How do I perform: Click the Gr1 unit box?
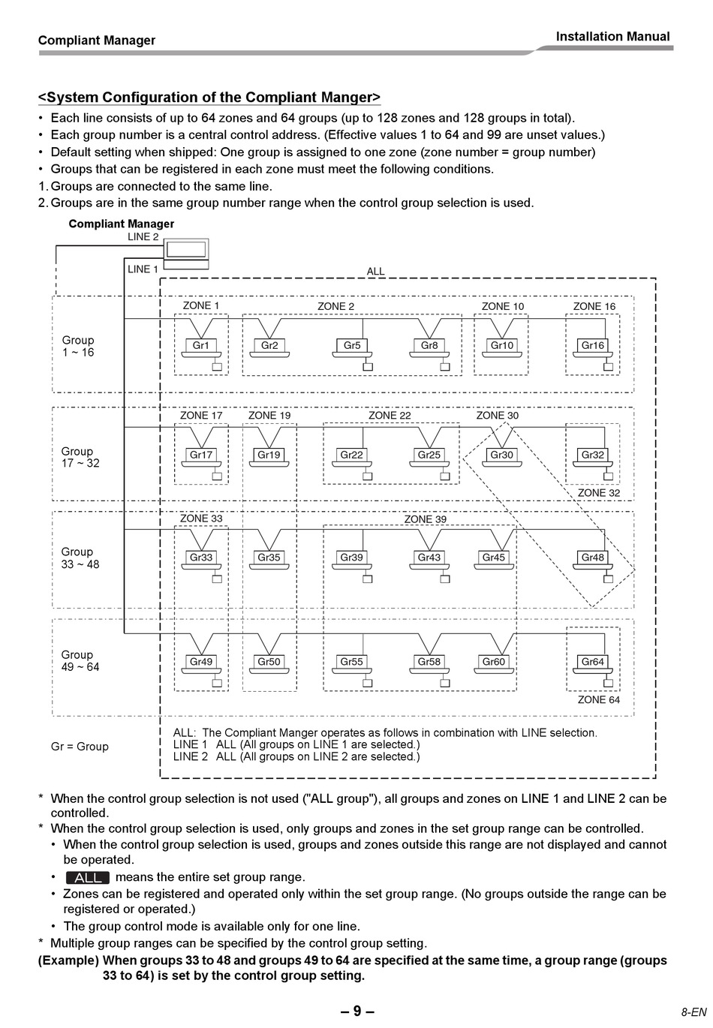tap(201, 346)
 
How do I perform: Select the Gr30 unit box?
tap(501, 455)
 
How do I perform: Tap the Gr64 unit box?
tap(593, 662)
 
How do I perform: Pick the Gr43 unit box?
tap(429, 558)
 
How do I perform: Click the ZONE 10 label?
tap(503, 306)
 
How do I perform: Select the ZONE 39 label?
tap(425, 519)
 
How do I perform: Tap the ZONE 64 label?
tap(599, 699)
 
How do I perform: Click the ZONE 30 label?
tap(497, 415)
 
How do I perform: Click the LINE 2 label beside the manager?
tap(143, 237)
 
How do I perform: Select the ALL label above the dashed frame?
tap(375, 272)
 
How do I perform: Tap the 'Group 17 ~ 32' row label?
tap(80, 457)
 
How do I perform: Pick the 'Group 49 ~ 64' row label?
tap(80, 661)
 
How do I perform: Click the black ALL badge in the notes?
tap(88, 877)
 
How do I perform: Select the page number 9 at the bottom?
tap(357, 1011)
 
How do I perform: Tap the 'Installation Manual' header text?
tap(612, 36)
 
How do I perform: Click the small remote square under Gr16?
tap(609, 367)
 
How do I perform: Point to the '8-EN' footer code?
tap(693, 1012)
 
